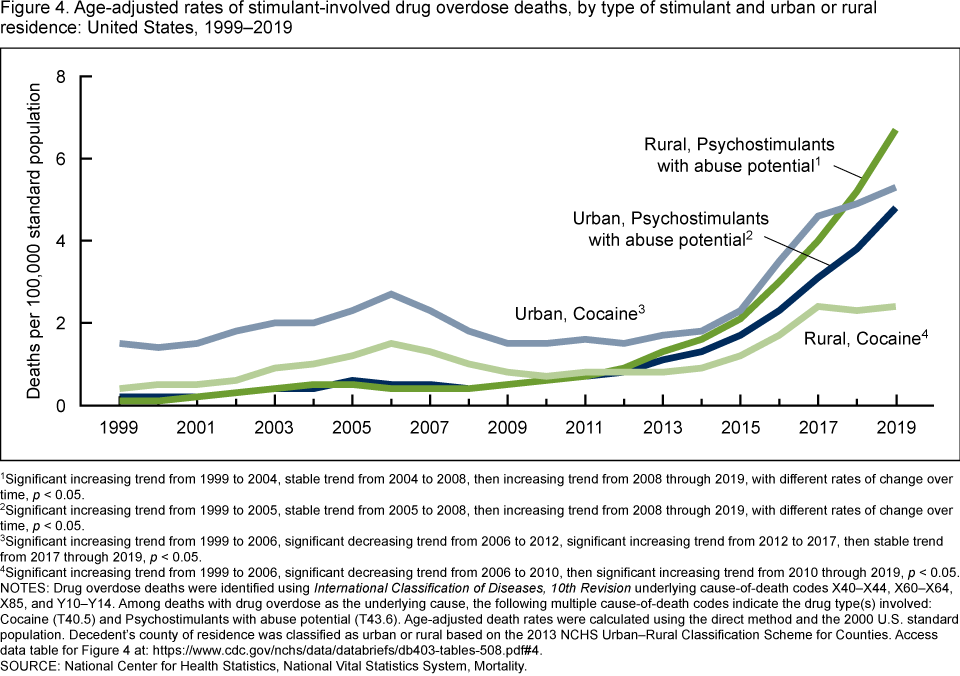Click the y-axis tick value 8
pos(60,77)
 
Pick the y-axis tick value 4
pos(60,241)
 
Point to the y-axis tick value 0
pos(60,405)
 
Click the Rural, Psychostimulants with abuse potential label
pos(739,154)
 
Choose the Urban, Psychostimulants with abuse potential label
pos(670,228)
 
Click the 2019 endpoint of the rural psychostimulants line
pos(894,131)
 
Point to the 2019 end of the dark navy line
pos(894,209)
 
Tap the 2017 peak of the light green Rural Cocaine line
pos(817,306)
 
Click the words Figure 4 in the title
pos(33,10)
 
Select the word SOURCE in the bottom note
pos(32,664)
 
